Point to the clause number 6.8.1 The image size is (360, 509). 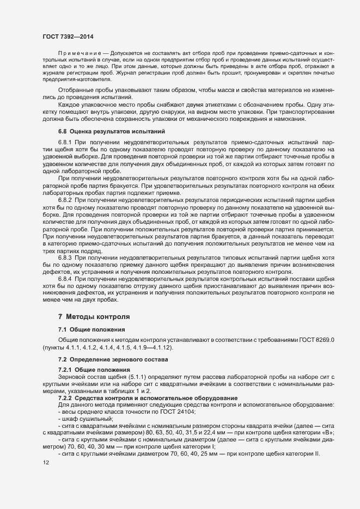pos(68,142)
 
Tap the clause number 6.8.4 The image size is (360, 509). pos(68,279)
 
